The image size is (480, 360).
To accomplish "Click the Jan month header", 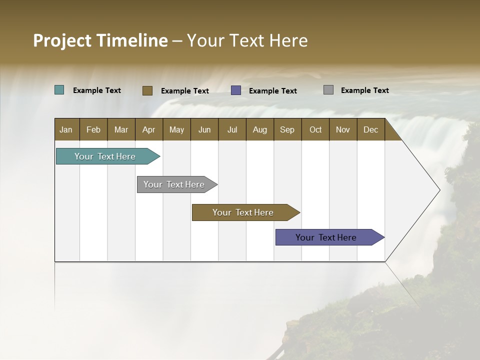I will (66, 129).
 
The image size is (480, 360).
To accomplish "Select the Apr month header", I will (148, 129).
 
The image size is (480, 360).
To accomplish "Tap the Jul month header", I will (232, 129).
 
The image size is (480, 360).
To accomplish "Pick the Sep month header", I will (287, 129).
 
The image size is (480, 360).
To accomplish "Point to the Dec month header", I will (370, 129).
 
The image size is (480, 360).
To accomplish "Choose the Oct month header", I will (315, 129).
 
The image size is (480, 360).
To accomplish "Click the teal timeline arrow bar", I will (105, 156).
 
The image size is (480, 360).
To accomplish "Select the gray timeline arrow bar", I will (174, 184).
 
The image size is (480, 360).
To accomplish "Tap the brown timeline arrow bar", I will (243, 212).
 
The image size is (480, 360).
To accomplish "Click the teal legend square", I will (59, 90).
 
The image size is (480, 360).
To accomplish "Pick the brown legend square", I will (147, 90).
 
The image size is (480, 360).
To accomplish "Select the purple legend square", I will (236, 90).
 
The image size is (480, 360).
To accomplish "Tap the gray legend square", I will (328, 90).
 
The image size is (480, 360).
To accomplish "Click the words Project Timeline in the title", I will (100, 40).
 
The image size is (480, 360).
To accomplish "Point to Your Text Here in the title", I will (247, 40).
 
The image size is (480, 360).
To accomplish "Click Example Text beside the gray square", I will (364, 90).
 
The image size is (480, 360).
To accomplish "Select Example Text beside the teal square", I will (96, 90).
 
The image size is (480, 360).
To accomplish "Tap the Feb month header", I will (93, 129).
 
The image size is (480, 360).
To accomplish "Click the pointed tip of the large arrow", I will (438, 190).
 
